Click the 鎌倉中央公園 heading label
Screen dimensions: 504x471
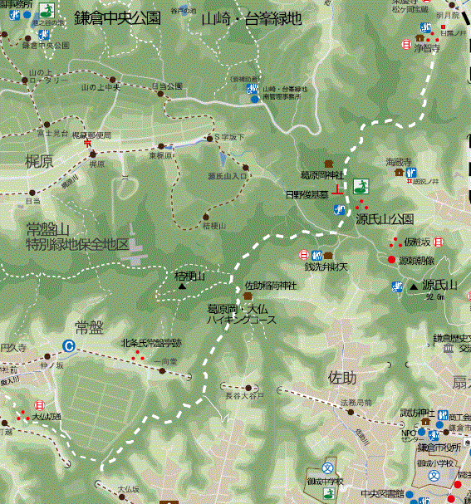point(117,18)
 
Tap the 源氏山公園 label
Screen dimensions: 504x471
point(385,220)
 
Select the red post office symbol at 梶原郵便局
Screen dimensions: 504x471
point(88,143)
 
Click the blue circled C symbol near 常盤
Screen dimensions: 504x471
point(68,346)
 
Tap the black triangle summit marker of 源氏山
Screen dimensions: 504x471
point(413,287)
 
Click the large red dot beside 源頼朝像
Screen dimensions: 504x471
point(391,260)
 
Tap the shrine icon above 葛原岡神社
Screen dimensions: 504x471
point(328,164)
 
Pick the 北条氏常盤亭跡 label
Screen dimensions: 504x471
point(151,342)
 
